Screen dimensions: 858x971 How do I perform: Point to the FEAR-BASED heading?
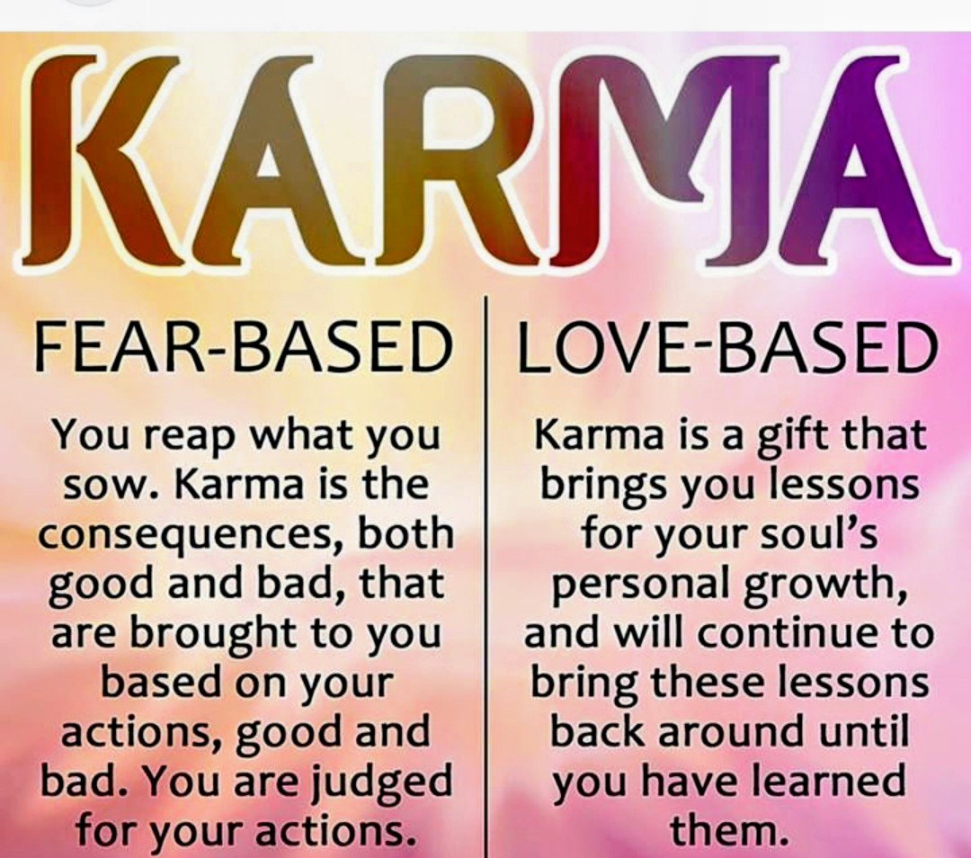coord(241,348)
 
